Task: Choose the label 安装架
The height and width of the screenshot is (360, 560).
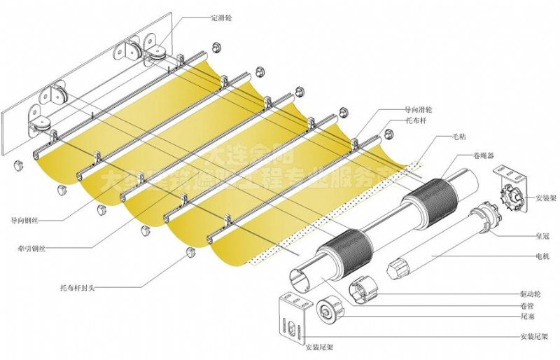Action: click(545, 199)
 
